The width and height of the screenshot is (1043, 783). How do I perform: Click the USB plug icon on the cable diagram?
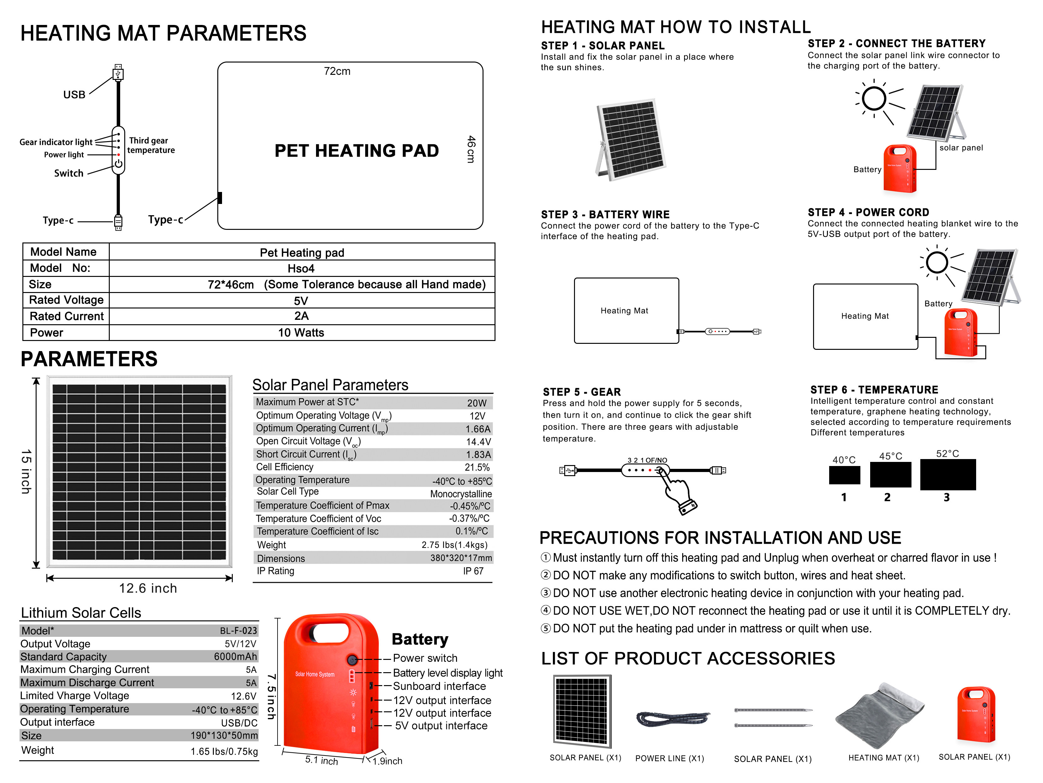[x=118, y=73]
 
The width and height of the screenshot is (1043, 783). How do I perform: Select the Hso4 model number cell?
[x=301, y=269]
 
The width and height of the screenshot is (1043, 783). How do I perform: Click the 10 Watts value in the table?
[x=301, y=333]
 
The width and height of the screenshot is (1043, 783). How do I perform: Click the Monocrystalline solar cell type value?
[x=461, y=494]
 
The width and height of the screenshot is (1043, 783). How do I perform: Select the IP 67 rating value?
[x=473, y=571]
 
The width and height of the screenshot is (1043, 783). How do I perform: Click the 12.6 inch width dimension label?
[x=148, y=588]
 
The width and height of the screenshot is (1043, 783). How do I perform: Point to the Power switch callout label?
[x=425, y=658]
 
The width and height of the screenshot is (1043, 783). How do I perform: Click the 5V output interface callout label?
[x=441, y=726]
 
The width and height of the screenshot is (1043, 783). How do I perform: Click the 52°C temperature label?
[x=947, y=454]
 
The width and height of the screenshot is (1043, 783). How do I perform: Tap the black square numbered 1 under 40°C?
[x=844, y=475]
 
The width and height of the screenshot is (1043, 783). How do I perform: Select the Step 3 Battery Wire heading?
[x=605, y=214]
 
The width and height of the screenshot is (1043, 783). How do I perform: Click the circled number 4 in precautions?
[x=546, y=610]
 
